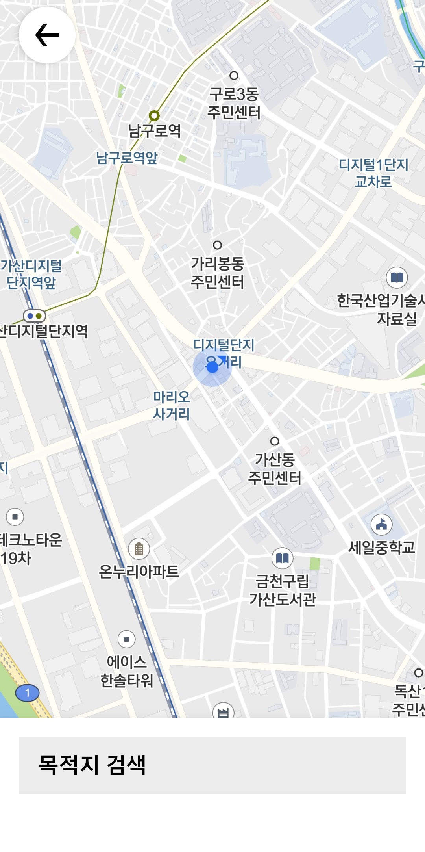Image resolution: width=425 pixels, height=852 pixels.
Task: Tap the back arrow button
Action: click(47, 35)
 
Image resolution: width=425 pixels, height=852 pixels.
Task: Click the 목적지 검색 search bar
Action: click(213, 765)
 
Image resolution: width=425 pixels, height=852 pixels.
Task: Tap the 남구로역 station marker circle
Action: click(154, 115)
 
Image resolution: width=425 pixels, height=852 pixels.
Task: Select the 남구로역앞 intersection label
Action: click(127, 158)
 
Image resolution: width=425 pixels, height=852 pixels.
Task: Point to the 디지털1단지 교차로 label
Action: click(373, 173)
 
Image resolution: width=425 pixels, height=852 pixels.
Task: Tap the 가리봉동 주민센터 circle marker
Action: click(217, 245)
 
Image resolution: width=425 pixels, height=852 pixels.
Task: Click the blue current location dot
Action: click(213, 367)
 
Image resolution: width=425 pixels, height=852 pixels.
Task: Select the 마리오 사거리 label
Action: click(172, 405)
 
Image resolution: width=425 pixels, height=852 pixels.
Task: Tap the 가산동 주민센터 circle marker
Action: click(275, 441)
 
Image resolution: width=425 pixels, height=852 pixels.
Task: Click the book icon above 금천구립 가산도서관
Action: click(283, 558)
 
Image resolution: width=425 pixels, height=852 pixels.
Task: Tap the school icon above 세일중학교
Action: click(381, 524)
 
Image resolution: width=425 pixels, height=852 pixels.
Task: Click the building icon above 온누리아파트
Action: click(139, 548)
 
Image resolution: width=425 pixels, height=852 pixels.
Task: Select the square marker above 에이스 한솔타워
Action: click(126, 639)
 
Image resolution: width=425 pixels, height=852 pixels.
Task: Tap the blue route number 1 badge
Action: click(27, 692)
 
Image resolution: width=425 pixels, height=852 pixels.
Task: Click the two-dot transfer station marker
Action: click(35, 316)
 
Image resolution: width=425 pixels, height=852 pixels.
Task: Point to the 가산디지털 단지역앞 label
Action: click(31, 274)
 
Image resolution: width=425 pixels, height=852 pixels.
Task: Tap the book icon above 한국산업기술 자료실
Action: click(397, 278)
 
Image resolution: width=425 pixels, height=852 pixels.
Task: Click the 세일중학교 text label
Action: click(381, 547)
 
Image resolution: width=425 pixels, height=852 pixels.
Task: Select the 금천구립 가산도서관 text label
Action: click(283, 590)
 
